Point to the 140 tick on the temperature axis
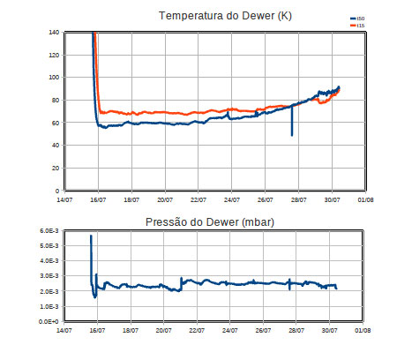tap(52, 32)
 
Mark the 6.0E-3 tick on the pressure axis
tap(48, 231)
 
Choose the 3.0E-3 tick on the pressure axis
tap(48, 276)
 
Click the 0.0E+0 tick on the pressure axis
tap(48, 322)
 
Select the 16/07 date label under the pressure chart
tap(97, 332)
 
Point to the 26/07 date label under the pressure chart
tap(262, 332)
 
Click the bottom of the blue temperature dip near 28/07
tap(292, 135)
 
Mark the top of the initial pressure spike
tap(90, 236)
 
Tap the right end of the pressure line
tap(336, 289)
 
